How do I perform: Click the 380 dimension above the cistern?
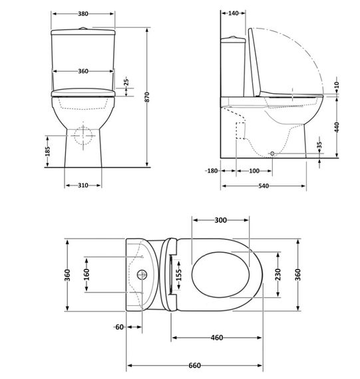tap(83, 13)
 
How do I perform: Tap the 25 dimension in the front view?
tap(126, 84)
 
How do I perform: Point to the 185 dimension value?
tap(47, 152)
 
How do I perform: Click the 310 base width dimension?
tap(83, 185)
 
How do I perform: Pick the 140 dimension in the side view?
tap(234, 13)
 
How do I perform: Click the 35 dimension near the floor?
tap(320, 144)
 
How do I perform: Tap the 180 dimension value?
tap(212, 171)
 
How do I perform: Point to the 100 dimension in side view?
tap(254, 171)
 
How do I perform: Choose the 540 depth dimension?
tap(264, 186)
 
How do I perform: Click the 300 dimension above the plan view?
tap(220, 220)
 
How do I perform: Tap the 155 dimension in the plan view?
tap(178, 275)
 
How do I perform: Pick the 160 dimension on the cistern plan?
tap(86, 275)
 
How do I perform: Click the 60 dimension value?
tap(119, 326)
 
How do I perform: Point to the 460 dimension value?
tap(216, 338)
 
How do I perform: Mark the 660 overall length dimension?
tap(194, 365)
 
